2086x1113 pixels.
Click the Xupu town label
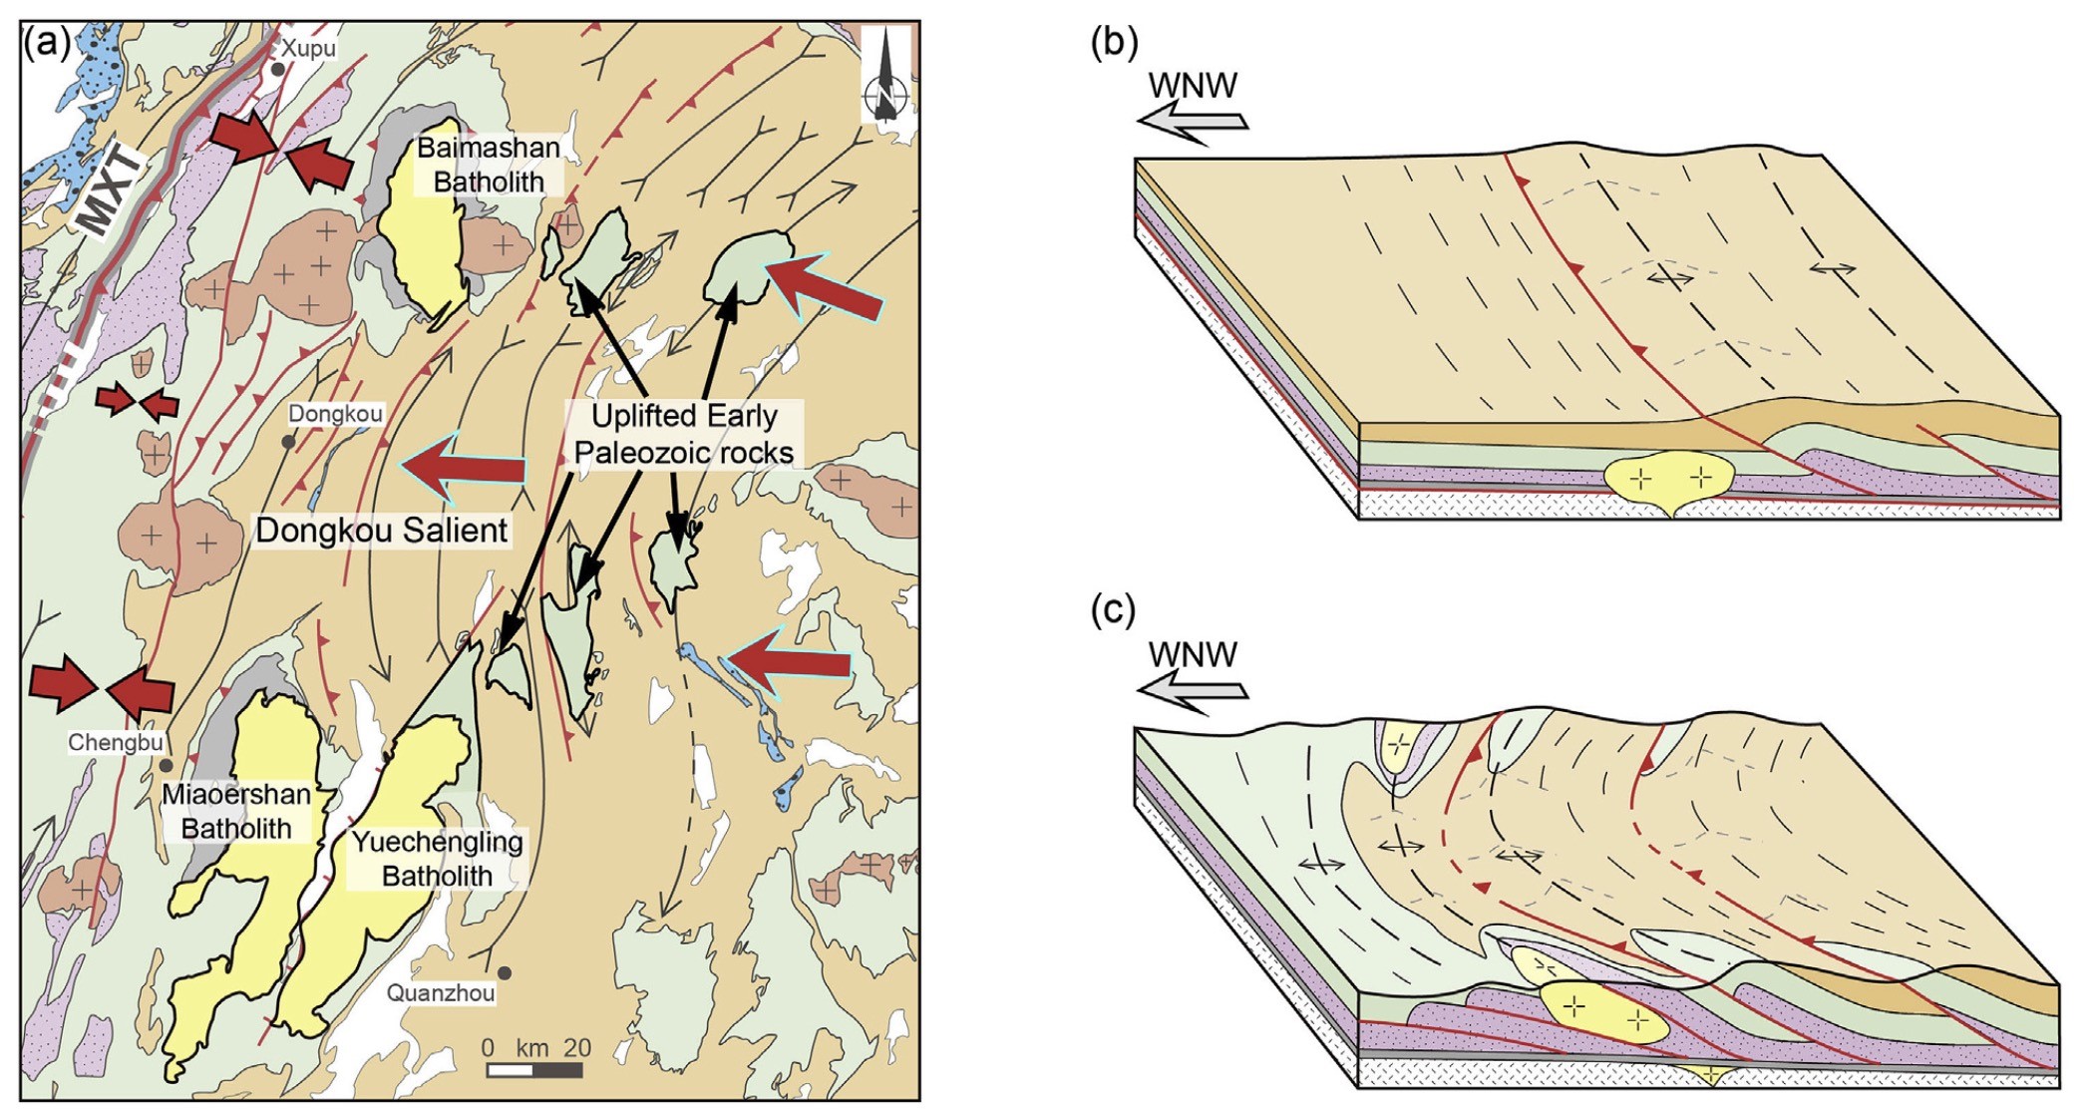point(307,48)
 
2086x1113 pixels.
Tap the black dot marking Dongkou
point(288,441)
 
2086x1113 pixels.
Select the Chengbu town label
point(115,742)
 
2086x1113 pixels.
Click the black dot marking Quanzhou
point(506,973)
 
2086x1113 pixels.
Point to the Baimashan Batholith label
point(488,165)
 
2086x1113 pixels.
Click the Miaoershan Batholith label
point(236,812)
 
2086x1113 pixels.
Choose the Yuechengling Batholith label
point(437,859)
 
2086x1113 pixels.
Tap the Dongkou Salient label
point(382,530)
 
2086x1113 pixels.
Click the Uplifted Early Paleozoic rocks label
point(684,434)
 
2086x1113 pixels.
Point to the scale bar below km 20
point(534,1071)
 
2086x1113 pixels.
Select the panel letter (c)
point(1113,609)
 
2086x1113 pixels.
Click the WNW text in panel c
point(1193,654)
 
